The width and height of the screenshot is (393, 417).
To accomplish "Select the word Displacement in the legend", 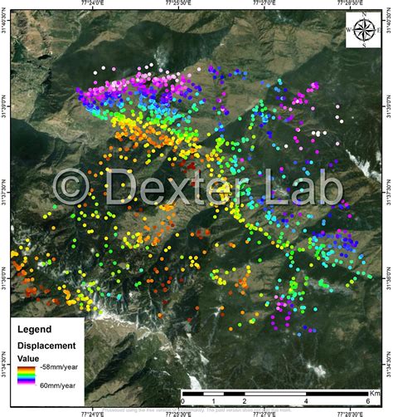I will point(49,345).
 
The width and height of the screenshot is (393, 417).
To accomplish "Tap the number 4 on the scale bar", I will point(306,400).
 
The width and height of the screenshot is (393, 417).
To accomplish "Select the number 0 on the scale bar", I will point(182,400).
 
